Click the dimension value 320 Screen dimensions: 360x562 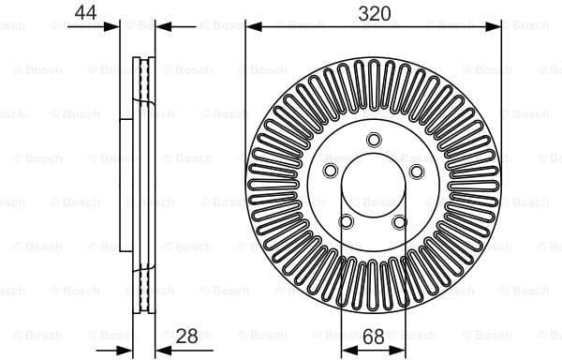372,12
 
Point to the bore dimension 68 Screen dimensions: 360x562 372,336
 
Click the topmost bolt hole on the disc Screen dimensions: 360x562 373,140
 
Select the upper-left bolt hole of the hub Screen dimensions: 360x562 331,171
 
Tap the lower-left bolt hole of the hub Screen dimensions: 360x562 347,220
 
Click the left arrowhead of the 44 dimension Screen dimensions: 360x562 114,27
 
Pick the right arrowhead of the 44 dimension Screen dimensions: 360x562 159,27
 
